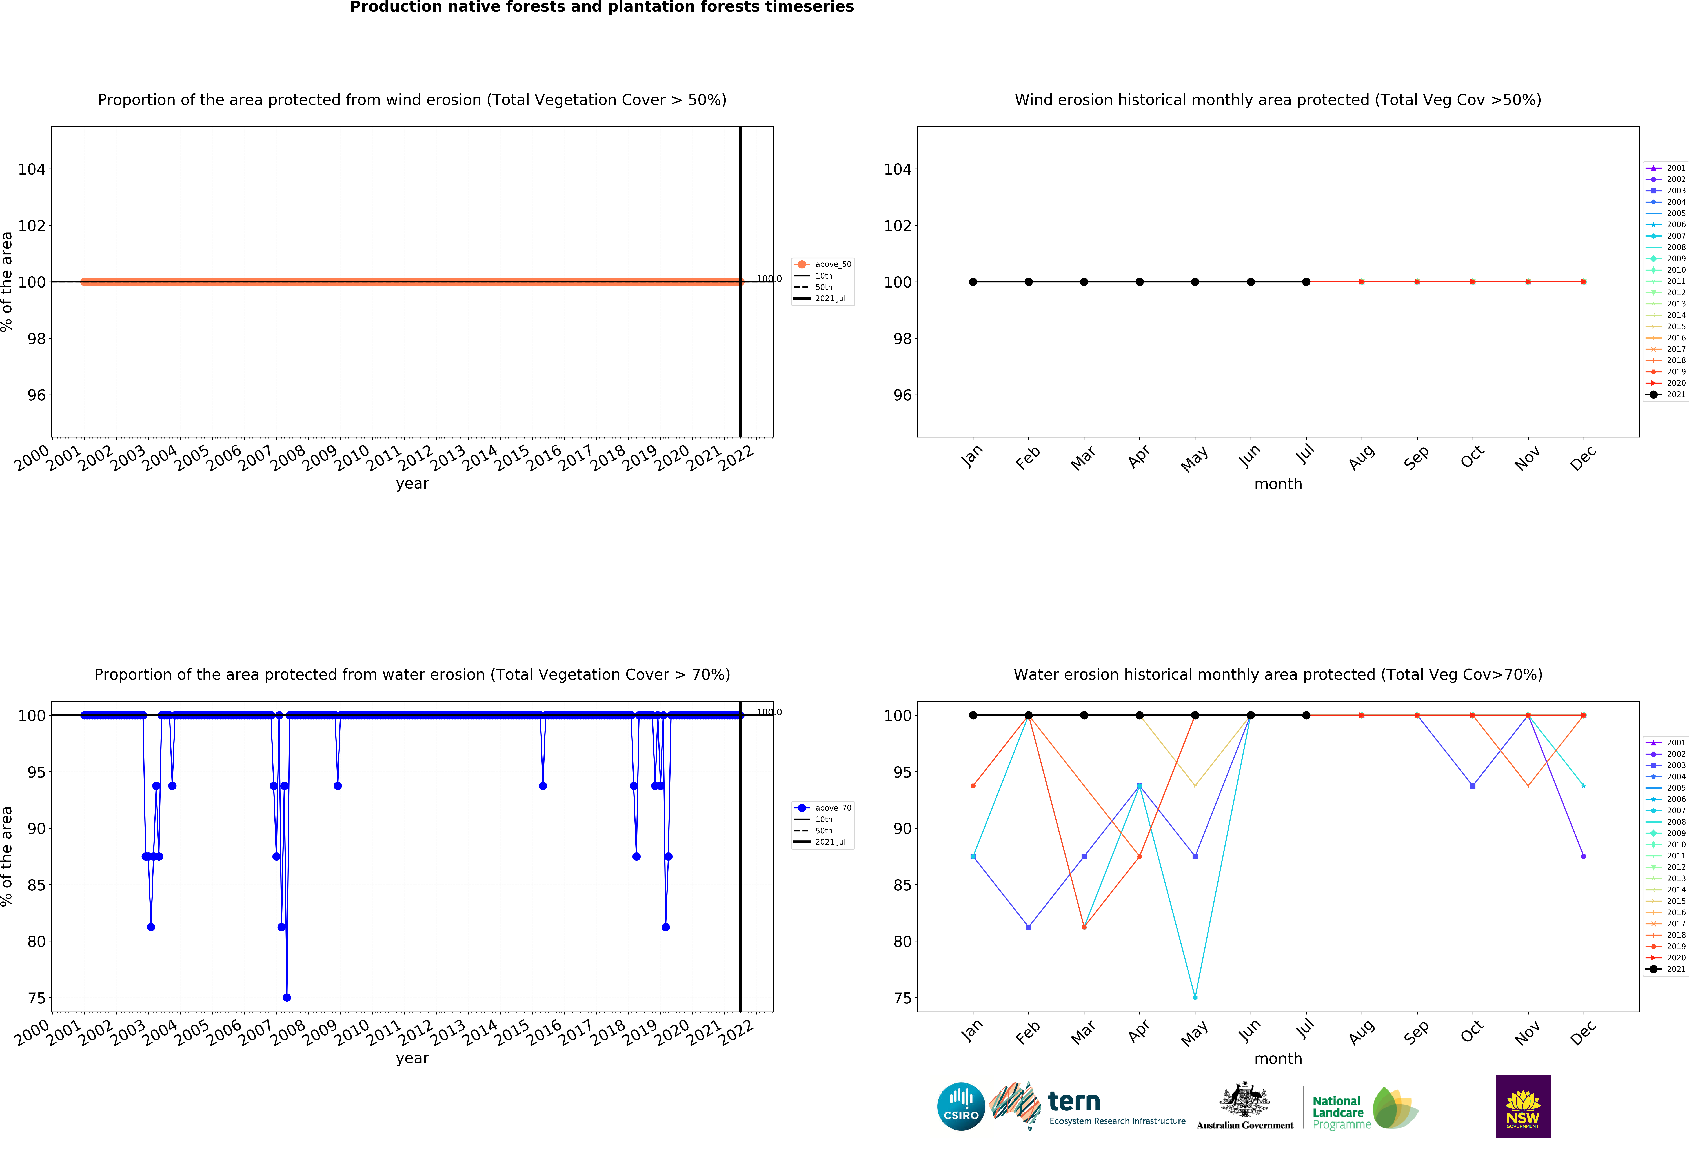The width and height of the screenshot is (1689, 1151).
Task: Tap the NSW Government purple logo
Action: tap(1522, 1106)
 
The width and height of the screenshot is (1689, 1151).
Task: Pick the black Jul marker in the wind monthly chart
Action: tap(1306, 282)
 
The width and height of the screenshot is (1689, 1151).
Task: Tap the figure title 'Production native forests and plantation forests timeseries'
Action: tap(602, 7)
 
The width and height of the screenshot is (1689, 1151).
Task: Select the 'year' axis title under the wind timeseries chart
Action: tap(412, 484)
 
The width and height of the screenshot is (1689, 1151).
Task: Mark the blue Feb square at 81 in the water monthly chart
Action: tap(1028, 927)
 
